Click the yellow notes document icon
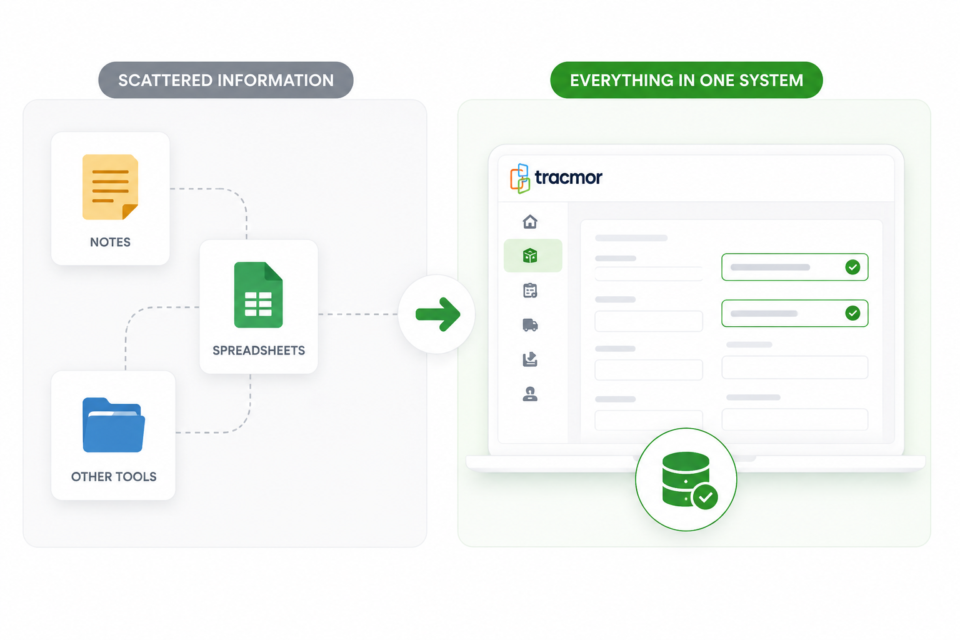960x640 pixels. (110, 187)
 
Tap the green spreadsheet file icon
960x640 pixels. (258, 295)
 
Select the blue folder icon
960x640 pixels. (114, 425)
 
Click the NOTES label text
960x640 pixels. (110, 242)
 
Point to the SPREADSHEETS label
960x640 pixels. (259, 351)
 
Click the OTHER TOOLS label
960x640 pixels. (114, 477)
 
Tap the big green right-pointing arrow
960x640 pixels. (438, 314)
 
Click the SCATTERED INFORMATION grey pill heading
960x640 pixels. (226, 80)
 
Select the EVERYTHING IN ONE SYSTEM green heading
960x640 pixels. (687, 80)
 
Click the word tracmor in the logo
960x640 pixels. (568, 177)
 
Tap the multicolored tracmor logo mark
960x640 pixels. (520, 178)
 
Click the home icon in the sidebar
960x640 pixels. (530, 222)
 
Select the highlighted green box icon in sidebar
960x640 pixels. (530, 256)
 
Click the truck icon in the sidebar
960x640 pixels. (530, 325)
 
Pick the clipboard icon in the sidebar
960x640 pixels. (530, 291)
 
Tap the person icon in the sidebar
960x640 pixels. (530, 394)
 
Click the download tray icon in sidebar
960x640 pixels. (530, 359)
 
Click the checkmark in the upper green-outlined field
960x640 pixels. (853, 267)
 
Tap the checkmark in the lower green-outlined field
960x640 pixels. (853, 313)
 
